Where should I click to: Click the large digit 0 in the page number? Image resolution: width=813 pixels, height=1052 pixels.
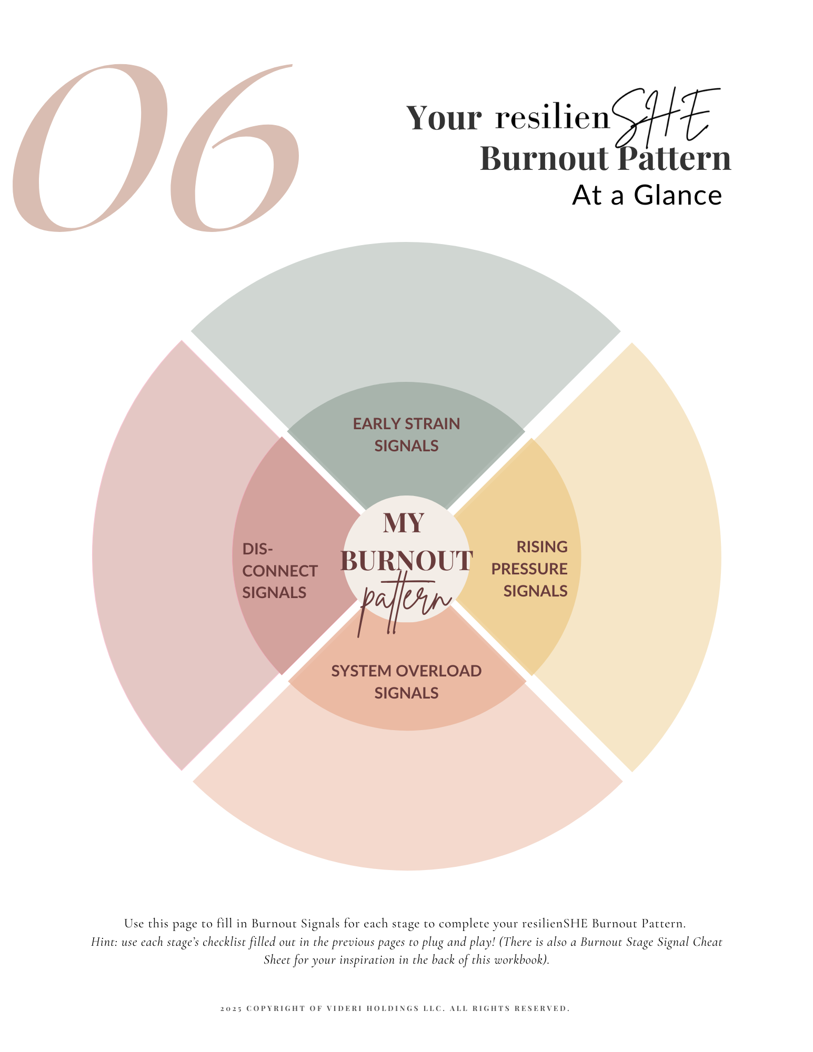89,148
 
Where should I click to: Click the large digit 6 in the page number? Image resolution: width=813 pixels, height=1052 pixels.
234,158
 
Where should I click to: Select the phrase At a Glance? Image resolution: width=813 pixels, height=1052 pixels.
647,196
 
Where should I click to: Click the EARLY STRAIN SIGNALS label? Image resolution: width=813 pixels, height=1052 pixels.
406,434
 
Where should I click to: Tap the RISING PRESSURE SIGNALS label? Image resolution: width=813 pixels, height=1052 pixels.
530,569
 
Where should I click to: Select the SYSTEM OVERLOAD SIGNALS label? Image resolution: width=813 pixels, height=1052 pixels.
406,682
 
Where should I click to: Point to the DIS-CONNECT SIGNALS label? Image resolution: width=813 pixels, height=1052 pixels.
278,571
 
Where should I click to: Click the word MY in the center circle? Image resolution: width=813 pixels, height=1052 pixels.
404,523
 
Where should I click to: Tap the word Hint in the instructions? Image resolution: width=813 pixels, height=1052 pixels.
103,942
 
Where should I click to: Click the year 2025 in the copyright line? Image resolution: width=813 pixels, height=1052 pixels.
231,1008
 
